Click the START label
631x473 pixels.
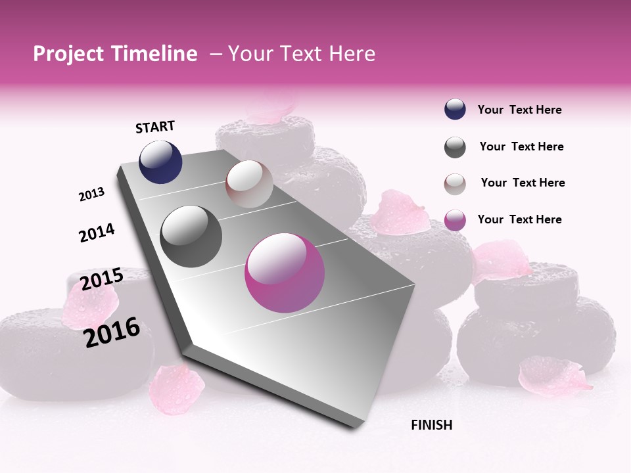pyautogui.click(x=155, y=127)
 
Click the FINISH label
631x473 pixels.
pyautogui.click(x=431, y=425)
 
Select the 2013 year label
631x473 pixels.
pyautogui.click(x=91, y=194)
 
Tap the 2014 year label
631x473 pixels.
pyautogui.click(x=97, y=233)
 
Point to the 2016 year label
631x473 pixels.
pyautogui.click(x=112, y=332)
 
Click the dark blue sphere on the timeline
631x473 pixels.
pyautogui.click(x=160, y=162)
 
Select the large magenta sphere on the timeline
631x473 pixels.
pyautogui.click(x=285, y=273)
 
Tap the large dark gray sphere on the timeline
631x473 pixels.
pyautogui.click(x=191, y=236)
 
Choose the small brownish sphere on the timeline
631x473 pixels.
pyautogui.click(x=249, y=184)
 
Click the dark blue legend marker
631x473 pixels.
pyautogui.click(x=455, y=110)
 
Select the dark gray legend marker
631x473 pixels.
pyautogui.click(x=455, y=147)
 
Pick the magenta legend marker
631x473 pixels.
pyautogui.click(x=455, y=220)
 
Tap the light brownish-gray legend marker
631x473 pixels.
pyautogui.click(x=455, y=183)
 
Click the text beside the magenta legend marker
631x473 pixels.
pyautogui.click(x=519, y=219)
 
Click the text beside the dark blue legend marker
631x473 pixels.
pyautogui.click(x=519, y=110)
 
